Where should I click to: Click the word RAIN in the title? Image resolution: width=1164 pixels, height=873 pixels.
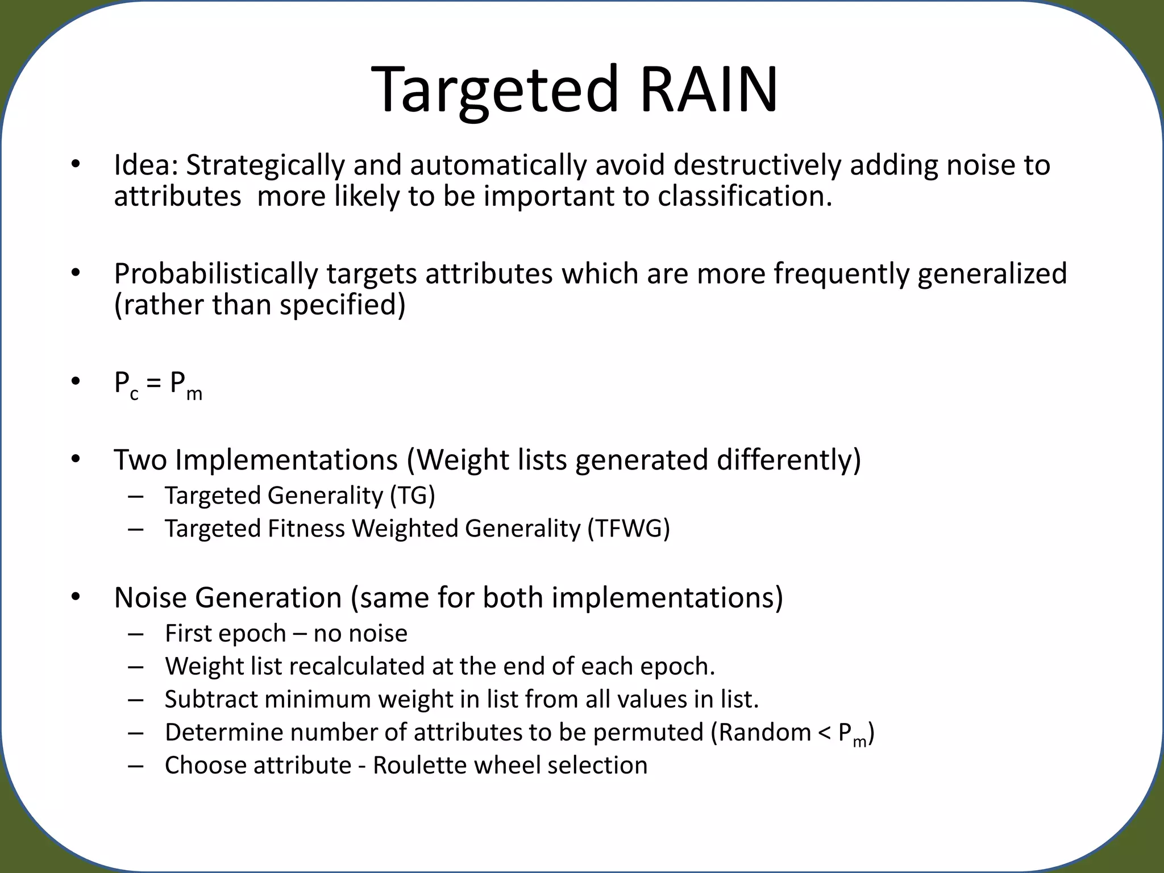point(708,90)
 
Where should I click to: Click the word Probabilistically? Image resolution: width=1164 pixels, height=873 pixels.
point(215,274)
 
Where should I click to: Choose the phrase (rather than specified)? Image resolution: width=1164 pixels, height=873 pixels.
point(260,305)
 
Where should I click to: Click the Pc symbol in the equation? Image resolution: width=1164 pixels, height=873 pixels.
point(126,385)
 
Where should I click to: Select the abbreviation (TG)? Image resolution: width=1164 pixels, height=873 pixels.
point(412,496)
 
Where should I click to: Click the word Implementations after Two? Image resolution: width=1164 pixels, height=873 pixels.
point(286,460)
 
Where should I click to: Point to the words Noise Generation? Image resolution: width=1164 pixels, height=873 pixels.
point(227,598)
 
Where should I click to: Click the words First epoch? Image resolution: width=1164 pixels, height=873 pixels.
point(225,634)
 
